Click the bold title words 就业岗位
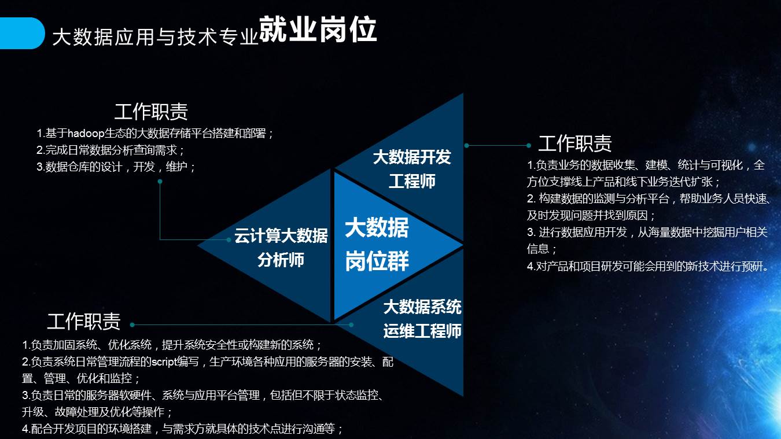318,29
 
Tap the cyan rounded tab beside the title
22,33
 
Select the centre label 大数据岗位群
377,244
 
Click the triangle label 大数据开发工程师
412,169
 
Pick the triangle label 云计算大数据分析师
281,248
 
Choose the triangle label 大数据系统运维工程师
422,319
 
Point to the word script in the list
164,362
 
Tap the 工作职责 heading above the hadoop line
151,112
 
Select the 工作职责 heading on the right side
575,143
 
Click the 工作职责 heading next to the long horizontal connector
84,321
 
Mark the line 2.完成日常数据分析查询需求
110,150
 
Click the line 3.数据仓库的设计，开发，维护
116,167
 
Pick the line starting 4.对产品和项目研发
648,266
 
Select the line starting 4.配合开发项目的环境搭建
183,429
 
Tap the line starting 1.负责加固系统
172,345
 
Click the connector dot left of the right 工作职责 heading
529,145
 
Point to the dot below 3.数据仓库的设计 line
160,181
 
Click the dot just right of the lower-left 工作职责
132,324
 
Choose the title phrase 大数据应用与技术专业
155,36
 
